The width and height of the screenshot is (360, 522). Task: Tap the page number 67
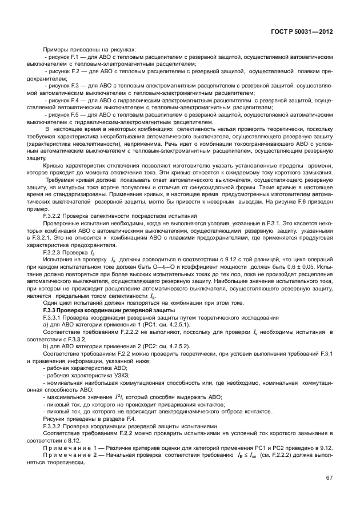329,477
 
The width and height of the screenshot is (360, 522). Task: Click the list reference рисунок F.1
62,58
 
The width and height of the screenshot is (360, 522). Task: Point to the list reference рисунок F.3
62,85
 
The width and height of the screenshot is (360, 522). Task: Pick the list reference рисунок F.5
62,114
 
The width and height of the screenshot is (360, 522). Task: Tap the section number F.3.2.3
55,250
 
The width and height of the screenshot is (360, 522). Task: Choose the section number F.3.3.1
55,316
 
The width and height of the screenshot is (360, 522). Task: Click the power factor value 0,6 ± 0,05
299,266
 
